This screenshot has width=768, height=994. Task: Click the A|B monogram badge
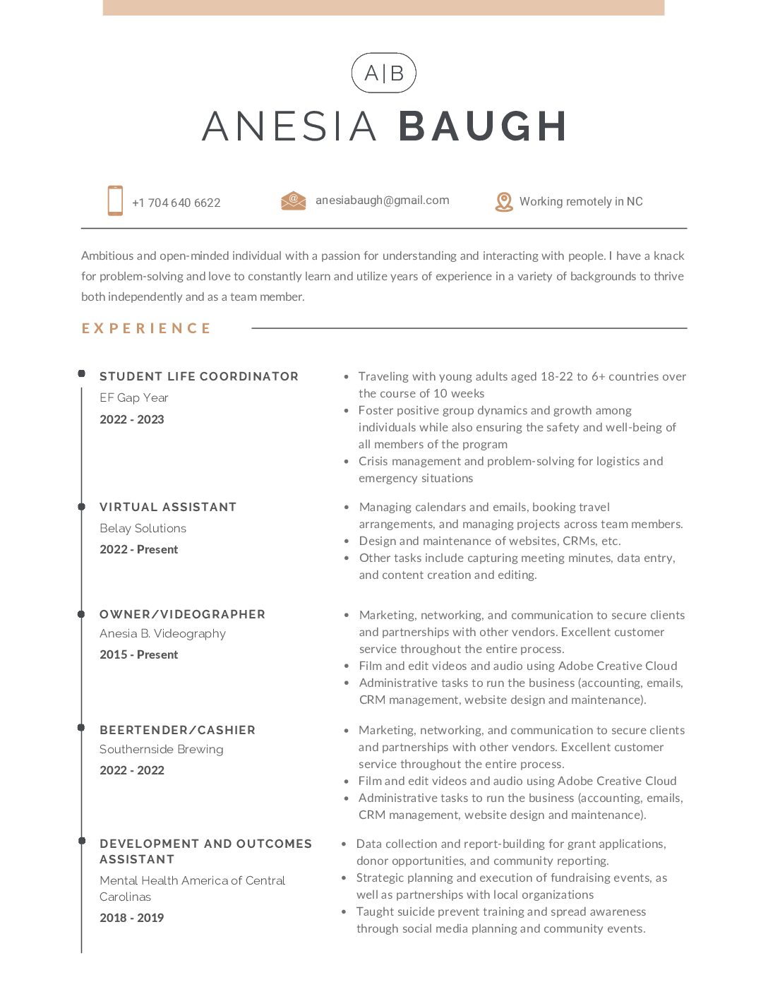tap(383, 73)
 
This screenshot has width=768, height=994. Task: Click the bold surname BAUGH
tap(483, 127)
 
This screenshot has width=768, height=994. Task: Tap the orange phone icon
tap(115, 200)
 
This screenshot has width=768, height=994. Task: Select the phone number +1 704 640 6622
tap(176, 203)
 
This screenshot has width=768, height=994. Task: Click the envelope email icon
tap(293, 201)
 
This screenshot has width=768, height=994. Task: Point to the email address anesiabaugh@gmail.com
tap(382, 200)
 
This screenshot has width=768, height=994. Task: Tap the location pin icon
tap(504, 202)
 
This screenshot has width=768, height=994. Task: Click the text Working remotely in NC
tap(581, 202)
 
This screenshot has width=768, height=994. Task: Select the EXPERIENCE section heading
tap(146, 328)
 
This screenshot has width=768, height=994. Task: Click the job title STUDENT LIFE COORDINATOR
tap(199, 376)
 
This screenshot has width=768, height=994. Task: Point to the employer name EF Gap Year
tap(134, 397)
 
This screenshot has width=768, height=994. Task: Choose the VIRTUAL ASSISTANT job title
tap(168, 507)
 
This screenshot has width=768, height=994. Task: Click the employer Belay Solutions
tap(143, 528)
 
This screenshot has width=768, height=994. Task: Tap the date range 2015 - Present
tap(138, 654)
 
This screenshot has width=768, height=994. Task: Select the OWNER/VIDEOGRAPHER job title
tap(182, 614)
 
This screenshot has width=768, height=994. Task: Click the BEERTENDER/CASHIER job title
tap(177, 730)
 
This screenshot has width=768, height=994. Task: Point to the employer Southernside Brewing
tap(161, 749)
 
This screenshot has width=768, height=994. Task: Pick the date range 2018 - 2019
tap(131, 918)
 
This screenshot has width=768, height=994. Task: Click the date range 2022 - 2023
tap(131, 419)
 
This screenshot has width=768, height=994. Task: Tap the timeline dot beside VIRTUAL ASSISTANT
tap(82, 507)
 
